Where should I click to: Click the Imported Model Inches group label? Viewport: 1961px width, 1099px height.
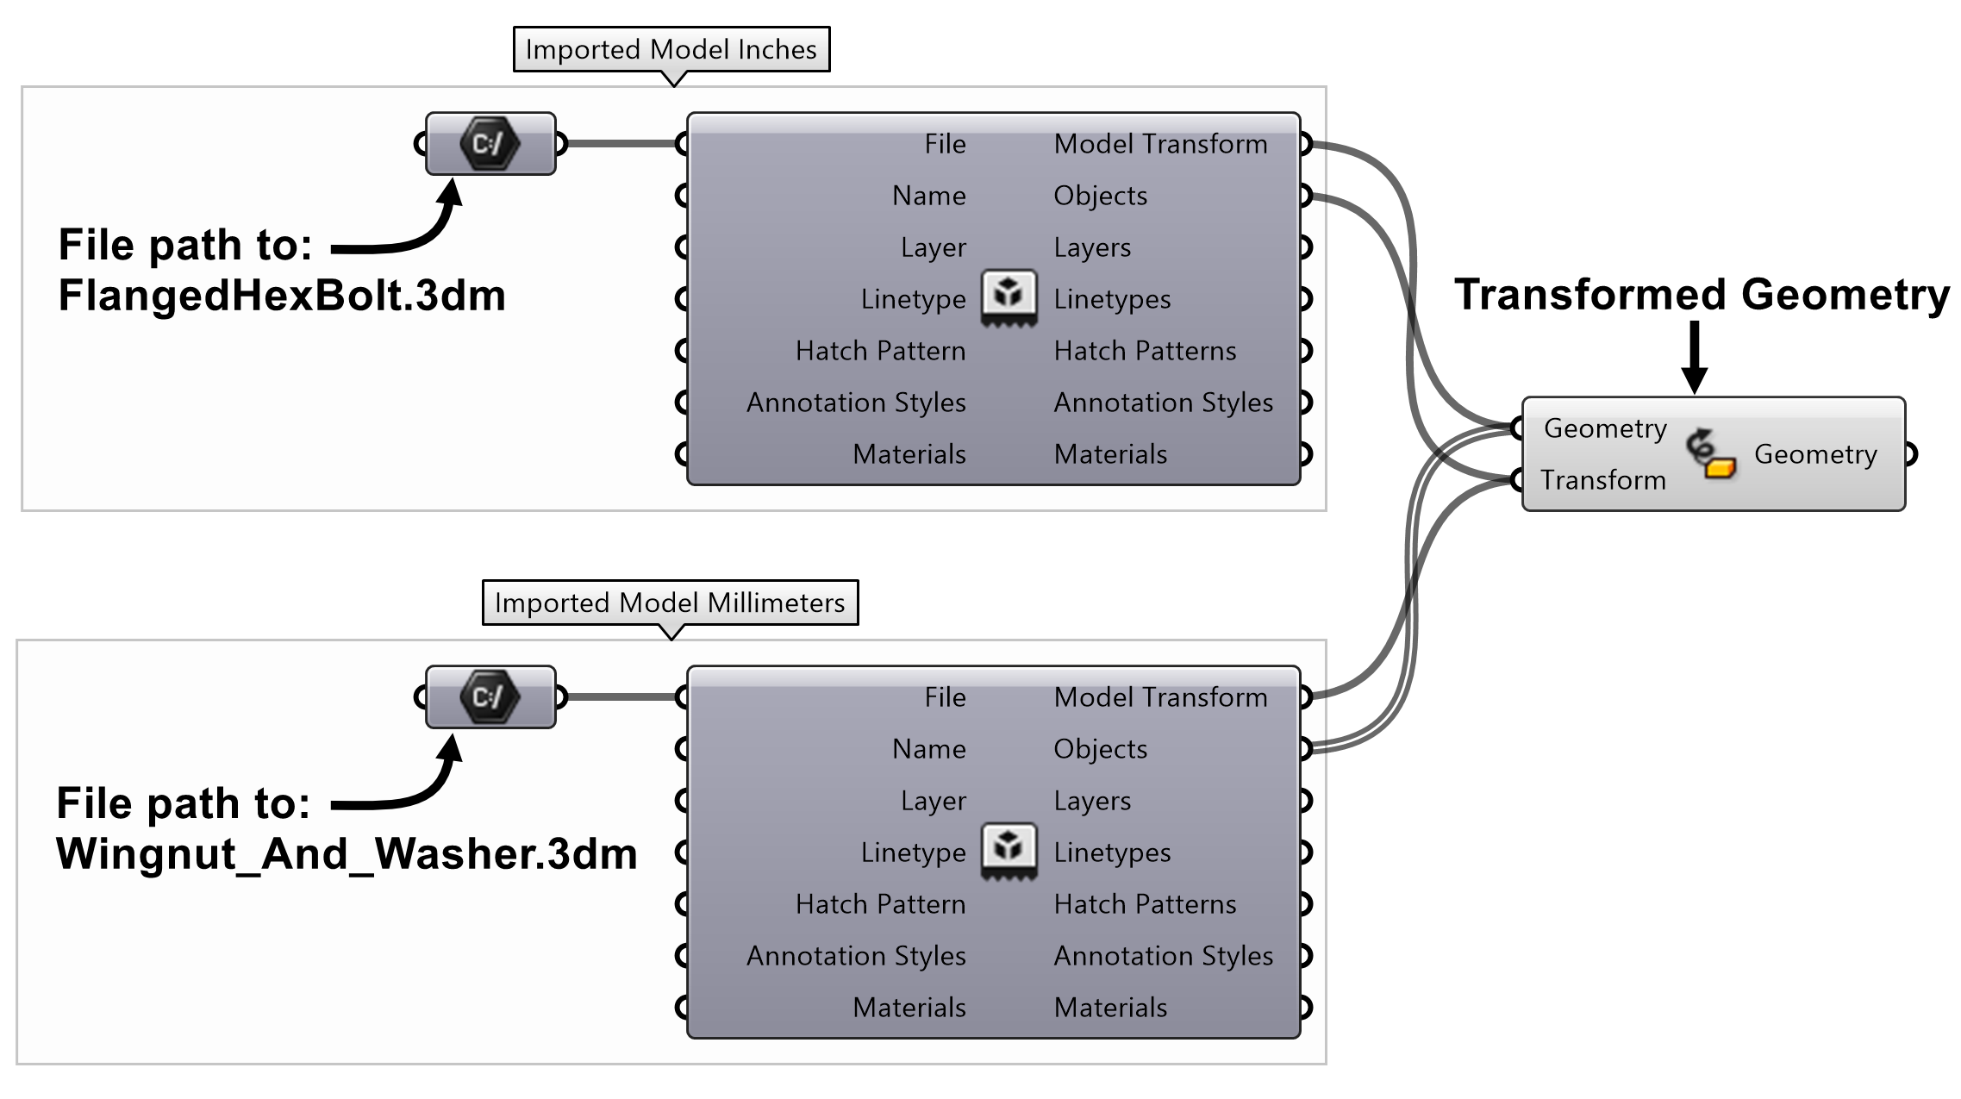click(x=671, y=49)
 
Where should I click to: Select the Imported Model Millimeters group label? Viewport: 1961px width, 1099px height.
click(x=670, y=603)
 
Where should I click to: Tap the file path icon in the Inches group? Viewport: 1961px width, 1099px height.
click(x=490, y=143)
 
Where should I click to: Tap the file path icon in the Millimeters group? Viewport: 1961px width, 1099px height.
click(x=490, y=696)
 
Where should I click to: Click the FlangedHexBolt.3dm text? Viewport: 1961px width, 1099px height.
click(x=282, y=296)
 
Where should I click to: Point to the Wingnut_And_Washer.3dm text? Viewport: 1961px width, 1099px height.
click(x=347, y=854)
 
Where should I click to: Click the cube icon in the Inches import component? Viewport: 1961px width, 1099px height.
click(x=1009, y=297)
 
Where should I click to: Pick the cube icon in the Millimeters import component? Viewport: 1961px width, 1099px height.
click(x=1009, y=850)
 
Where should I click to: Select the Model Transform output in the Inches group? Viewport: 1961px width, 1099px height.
click(x=1160, y=144)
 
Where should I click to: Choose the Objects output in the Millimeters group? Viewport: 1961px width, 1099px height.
click(x=1100, y=749)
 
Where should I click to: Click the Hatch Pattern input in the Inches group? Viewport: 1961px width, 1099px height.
click(x=879, y=351)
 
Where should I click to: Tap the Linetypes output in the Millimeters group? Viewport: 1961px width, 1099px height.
click(x=1112, y=852)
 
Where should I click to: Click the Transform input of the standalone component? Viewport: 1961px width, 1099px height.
click(x=1602, y=480)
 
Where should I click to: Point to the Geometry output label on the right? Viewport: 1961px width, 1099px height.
click(x=1815, y=454)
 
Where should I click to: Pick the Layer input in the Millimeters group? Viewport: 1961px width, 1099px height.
click(x=933, y=801)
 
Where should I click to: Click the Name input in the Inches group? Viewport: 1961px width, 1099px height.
click(x=928, y=196)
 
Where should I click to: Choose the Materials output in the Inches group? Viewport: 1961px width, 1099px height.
click(x=1110, y=454)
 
